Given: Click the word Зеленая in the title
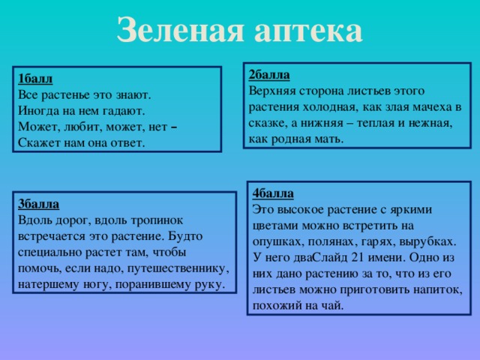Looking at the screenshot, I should click(178, 29).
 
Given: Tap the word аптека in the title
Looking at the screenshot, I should click(307, 31).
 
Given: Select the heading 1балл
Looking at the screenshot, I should click(34, 79).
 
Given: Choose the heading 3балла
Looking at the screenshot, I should click(38, 204).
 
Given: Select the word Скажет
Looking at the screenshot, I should click(37, 142).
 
